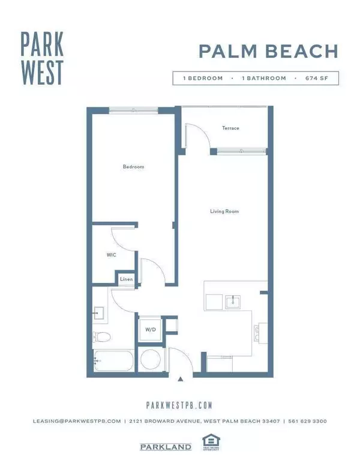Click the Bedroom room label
[x=134, y=166]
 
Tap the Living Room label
[x=221, y=211]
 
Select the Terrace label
[x=230, y=128]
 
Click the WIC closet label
[x=111, y=255]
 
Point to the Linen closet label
[x=126, y=279]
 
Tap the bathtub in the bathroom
[x=113, y=362]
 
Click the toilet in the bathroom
[x=101, y=337]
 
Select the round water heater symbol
[x=149, y=361]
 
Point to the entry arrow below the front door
[x=181, y=379]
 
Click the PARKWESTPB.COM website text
[x=180, y=405]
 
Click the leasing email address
[x=77, y=422]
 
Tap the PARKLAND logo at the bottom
[x=166, y=447]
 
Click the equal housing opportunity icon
[x=209, y=441]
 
